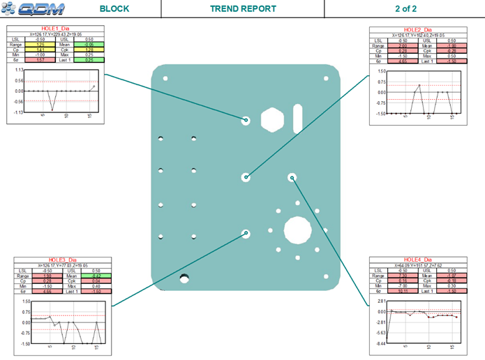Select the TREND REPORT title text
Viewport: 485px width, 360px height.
tap(243, 9)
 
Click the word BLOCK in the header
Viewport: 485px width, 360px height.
tap(114, 9)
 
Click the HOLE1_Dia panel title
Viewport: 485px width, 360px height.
tap(57, 28)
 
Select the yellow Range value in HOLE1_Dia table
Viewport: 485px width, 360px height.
tap(40, 44)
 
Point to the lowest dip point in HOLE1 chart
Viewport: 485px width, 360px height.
tap(51, 110)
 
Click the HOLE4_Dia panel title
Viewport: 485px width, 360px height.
tap(419, 259)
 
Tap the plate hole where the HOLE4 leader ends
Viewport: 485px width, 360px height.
tap(292, 178)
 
